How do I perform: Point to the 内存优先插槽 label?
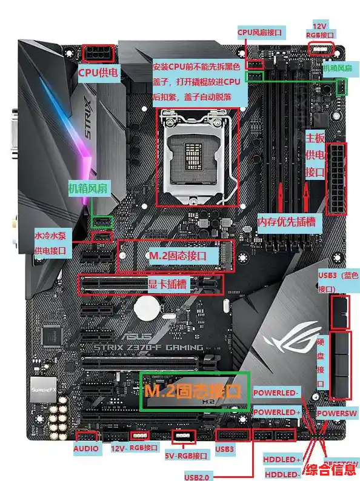(287, 222)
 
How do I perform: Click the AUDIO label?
(85, 449)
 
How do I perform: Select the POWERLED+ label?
(276, 413)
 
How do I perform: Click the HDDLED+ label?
(283, 460)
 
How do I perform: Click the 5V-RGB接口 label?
(187, 455)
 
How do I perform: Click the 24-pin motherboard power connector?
(337, 179)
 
